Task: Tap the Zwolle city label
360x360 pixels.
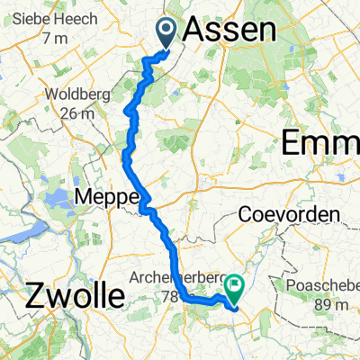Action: coord(62,294)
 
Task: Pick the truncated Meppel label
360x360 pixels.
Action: coord(108,196)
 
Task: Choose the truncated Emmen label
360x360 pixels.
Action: coord(320,142)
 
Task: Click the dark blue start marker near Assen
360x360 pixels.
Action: coord(167,31)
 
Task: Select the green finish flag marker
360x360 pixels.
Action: coord(236,287)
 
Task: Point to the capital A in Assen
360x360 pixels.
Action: coord(195,31)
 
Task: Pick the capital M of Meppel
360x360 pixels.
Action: coord(85,196)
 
